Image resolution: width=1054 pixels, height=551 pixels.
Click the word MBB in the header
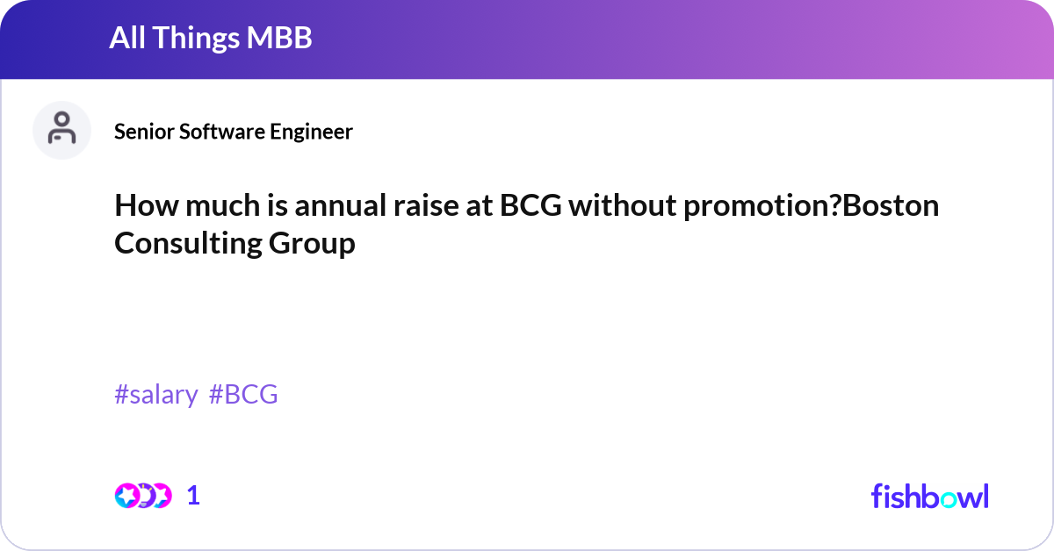tap(279, 38)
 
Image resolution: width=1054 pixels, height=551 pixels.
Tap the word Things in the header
tap(196, 38)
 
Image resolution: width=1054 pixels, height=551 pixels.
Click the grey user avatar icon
tap(61, 130)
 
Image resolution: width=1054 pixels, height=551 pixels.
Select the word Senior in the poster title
tap(143, 132)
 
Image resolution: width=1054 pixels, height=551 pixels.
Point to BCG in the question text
tap(531, 205)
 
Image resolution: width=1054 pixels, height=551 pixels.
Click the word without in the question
tap(622, 205)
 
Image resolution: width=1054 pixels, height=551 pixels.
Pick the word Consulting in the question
tap(188, 244)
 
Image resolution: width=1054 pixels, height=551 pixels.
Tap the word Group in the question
tap(312, 244)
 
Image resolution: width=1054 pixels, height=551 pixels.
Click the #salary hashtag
tap(156, 394)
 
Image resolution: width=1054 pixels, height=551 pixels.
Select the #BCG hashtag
tap(243, 394)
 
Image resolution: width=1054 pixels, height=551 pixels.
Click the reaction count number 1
tap(193, 496)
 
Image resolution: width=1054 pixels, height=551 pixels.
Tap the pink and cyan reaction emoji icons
tap(143, 496)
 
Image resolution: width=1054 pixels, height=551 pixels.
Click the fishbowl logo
tap(930, 496)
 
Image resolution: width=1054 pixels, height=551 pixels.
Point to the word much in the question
tap(223, 205)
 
